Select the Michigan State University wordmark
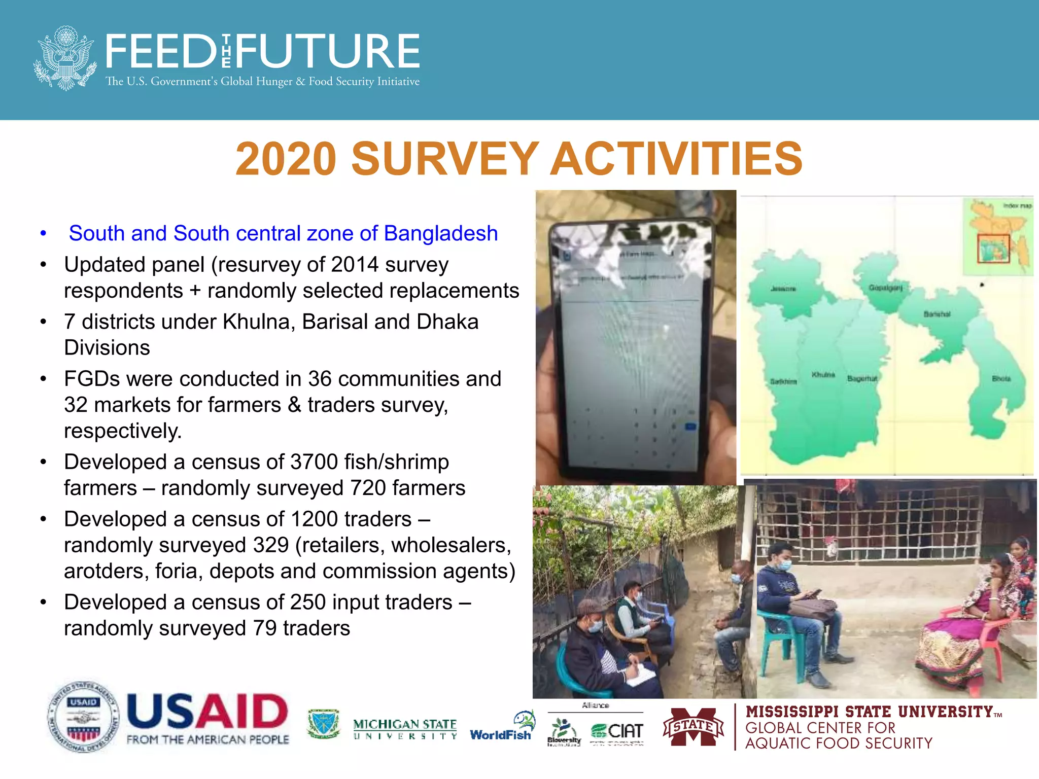(x=405, y=729)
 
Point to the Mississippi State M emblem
(x=693, y=727)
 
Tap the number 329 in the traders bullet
(x=271, y=545)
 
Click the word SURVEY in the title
(x=444, y=159)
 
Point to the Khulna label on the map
(x=823, y=375)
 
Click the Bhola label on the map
(x=1001, y=378)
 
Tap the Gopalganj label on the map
(x=885, y=288)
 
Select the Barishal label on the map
(x=937, y=314)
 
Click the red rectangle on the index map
(x=993, y=249)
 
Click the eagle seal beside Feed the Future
(x=64, y=58)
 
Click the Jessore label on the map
(x=783, y=289)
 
